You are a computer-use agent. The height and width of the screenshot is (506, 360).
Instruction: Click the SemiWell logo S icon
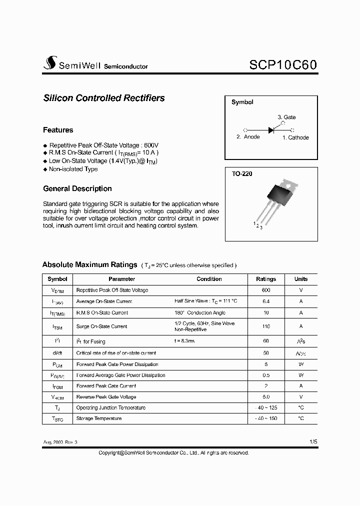(x=50, y=62)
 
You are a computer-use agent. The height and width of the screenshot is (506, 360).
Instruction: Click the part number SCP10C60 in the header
(x=282, y=65)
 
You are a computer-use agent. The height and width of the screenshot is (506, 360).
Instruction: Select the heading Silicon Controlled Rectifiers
(x=104, y=98)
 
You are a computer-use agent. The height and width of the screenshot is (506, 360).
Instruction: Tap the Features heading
(x=58, y=130)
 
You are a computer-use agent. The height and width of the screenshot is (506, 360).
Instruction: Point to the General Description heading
(x=77, y=188)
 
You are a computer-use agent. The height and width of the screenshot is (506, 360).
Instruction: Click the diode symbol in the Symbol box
(x=271, y=130)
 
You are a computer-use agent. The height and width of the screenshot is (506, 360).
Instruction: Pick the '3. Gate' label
(x=286, y=117)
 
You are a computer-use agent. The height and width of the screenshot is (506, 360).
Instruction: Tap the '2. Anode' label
(x=248, y=137)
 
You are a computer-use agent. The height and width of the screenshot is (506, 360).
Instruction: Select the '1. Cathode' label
(x=295, y=137)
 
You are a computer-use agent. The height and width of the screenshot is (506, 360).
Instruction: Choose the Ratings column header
(x=266, y=279)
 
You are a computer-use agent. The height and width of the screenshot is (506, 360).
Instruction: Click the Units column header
(x=301, y=279)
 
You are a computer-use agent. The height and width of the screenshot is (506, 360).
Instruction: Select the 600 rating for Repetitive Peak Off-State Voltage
(x=266, y=290)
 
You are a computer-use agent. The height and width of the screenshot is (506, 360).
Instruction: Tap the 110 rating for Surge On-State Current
(x=266, y=326)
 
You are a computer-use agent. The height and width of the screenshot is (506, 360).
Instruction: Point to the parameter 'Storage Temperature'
(x=98, y=418)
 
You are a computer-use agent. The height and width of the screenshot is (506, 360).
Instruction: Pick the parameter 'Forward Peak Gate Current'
(x=106, y=386)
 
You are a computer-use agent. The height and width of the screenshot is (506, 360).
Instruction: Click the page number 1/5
(x=313, y=442)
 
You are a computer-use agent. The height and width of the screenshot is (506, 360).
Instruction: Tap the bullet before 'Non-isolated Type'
(x=45, y=169)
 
